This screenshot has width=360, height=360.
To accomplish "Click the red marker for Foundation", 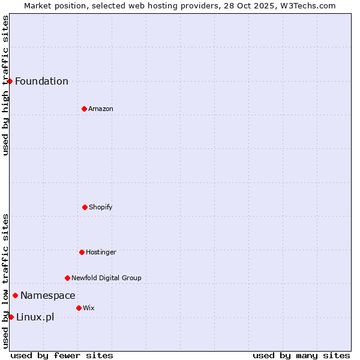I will pos(10,81).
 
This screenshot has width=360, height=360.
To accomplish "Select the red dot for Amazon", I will pos(84,109).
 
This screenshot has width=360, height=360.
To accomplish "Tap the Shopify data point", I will pos(85,207).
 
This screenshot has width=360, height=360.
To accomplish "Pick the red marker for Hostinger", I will pos(82,252).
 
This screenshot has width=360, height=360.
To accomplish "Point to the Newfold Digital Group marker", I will pos(67,278).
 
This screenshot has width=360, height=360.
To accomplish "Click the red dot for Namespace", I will pos(15,295).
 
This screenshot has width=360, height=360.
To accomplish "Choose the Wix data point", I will pos(79,308).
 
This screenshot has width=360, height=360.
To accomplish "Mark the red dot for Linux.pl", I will pos(11,317).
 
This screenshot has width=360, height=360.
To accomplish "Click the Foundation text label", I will pos(41,82).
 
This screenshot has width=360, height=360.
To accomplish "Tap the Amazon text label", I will pos(101,109).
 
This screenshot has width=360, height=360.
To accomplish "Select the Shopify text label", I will pos(101,208).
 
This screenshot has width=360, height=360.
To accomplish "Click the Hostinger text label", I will pos(101,253).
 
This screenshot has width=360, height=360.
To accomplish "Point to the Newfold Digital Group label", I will pos(106,278).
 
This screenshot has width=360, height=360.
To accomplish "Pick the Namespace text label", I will pos(48,296).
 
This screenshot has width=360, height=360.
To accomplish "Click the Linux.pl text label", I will pos(35,317).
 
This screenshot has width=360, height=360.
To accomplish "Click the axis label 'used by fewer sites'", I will pos(62,356).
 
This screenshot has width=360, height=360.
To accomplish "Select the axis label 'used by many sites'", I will pos(301,356).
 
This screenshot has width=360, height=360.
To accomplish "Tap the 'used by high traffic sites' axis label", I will pos(5,85).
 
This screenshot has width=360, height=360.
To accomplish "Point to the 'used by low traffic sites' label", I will pos(5,281).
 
